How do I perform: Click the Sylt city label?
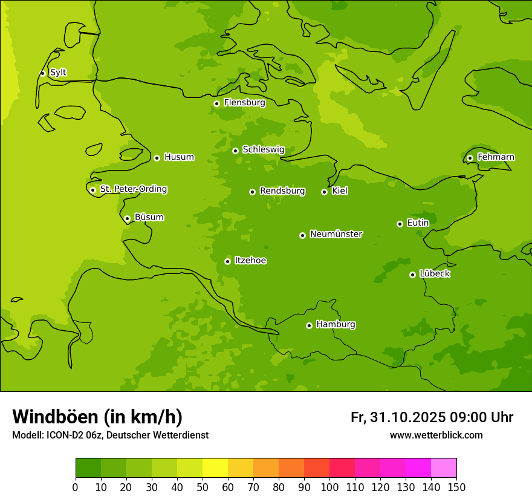[x=58, y=73]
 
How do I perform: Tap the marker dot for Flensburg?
[x=216, y=103]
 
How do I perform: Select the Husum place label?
[x=179, y=157]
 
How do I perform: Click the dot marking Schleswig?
[x=235, y=151]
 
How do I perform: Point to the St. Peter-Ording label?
[x=134, y=189]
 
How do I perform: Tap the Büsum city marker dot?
[x=127, y=218]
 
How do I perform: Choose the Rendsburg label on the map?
[x=282, y=191]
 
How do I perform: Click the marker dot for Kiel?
[x=324, y=192]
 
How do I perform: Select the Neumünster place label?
[x=336, y=234]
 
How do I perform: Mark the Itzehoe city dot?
[x=227, y=261]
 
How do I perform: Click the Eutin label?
[x=418, y=223]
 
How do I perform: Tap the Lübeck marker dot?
[x=412, y=275]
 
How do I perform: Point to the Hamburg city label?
[x=336, y=325]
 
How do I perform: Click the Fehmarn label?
[x=496, y=157]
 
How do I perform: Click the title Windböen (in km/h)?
[x=97, y=417]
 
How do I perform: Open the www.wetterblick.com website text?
[x=436, y=435]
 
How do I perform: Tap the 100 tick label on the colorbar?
[x=329, y=487]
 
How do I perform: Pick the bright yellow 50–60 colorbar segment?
[x=215, y=468]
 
